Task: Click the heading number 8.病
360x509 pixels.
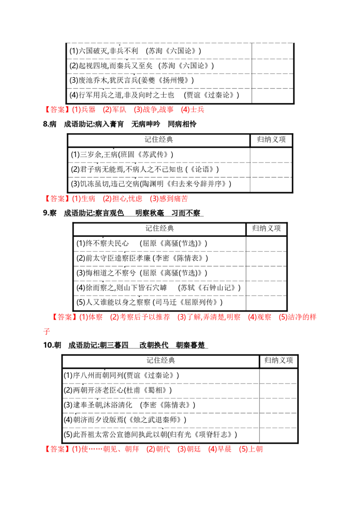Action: tap(49, 124)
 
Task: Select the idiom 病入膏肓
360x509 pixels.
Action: tap(109, 124)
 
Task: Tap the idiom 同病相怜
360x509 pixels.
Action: tap(182, 124)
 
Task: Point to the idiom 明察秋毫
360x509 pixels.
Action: tap(150, 213)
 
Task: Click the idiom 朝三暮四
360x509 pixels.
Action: tap(114, 345)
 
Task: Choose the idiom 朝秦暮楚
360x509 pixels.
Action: tap(190, 345)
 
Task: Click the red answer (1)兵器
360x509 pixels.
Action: tap(84, 110)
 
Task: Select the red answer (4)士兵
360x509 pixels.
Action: tap(193, 110)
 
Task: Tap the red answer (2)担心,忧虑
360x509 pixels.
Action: tap(122, 199)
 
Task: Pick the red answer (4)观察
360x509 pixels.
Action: tap(260, 317)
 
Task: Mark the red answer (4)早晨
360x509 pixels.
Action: tap(220, 449)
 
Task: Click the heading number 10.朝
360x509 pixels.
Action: tap(52, 345)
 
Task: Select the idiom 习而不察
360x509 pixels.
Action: tap(186, 213)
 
